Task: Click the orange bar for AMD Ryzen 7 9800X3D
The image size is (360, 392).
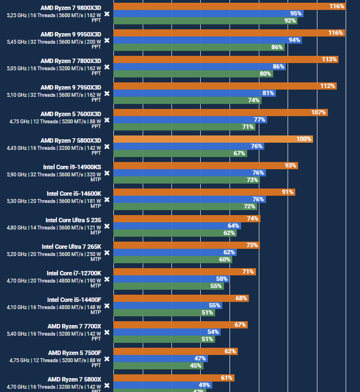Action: [229, 7]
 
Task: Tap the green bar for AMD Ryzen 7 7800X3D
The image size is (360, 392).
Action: [193, 74]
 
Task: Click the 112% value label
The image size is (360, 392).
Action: [327, 86]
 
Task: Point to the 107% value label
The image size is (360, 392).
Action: [319, 113]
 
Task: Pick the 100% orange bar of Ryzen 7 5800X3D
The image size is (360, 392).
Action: [213, 139]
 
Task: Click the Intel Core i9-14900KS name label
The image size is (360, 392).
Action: [72, 166]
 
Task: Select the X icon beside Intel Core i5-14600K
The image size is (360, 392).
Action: [107, 200]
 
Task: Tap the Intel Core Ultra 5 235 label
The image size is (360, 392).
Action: [74, 219]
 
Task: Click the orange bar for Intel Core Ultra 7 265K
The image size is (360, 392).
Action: [186, 245]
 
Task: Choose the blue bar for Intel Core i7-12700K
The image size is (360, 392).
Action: [171, 279]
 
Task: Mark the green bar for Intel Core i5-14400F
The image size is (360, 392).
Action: [164, 312]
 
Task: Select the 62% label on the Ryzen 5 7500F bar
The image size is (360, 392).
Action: [230, 352]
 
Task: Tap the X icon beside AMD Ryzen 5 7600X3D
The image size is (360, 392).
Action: [107, 121]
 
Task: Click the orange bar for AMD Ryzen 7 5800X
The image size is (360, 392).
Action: [174, 378]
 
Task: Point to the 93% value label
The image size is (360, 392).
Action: [290, 166]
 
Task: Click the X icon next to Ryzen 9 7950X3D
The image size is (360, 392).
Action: [107, 94]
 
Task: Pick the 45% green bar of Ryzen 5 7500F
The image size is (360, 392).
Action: [159, 365]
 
